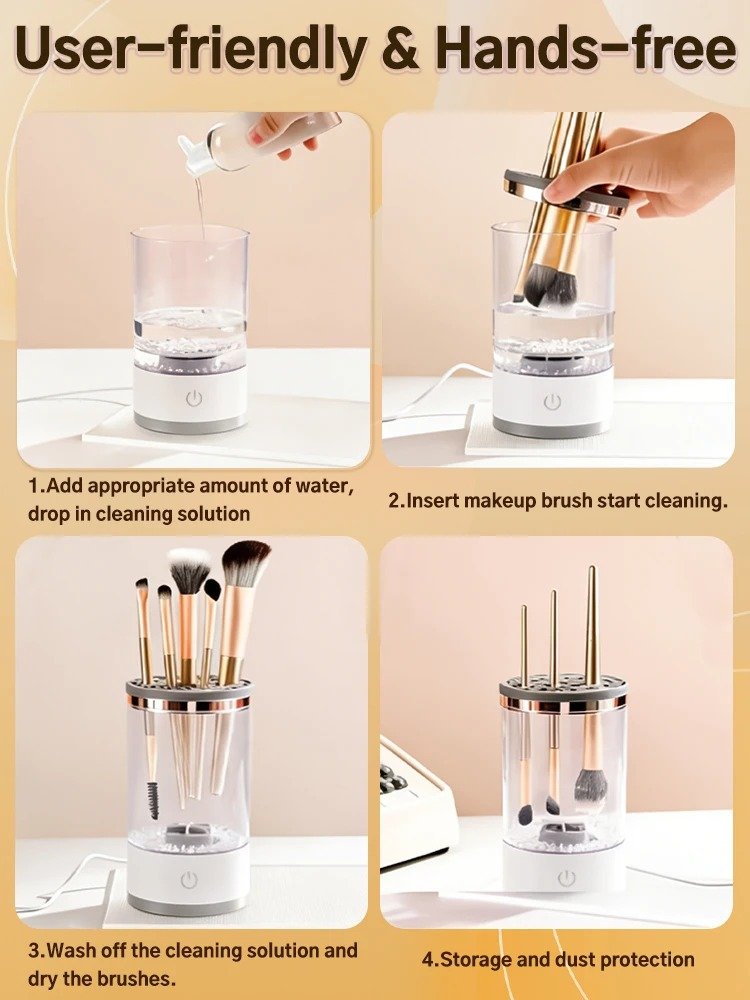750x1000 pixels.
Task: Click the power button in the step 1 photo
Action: click(x=194, y=397)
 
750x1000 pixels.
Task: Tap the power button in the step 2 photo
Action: click(x=551, y=401)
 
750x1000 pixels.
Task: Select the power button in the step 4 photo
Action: click(x=567, y=877)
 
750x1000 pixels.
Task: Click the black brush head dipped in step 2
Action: click(x=547, y=285)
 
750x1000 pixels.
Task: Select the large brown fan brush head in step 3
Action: click(x=245, y=564)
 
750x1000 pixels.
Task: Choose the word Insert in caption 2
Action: click(x=435, y=500)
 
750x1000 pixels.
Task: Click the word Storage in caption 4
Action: click(x=478, y=960)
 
